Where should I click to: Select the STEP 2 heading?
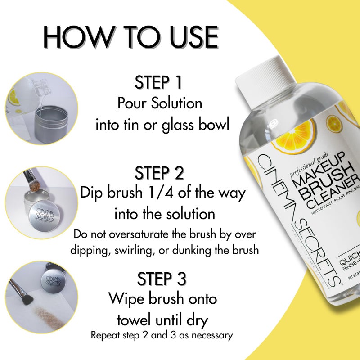[x=158, y=173]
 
